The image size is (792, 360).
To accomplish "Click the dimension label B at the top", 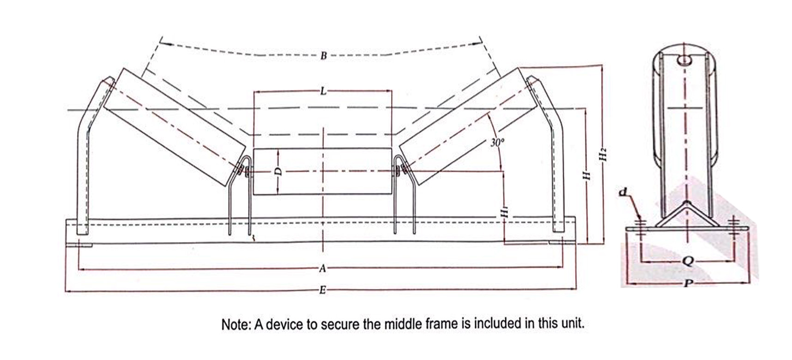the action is [323, 56].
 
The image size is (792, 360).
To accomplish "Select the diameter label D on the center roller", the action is [277, 171].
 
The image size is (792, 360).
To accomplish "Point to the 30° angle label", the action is [497, 143].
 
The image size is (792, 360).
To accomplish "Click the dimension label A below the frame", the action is [322, 268].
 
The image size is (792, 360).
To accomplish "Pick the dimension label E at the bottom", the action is [322, 290].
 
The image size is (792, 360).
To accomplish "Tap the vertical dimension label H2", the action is [602, 153].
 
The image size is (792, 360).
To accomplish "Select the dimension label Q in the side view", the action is [688, 261].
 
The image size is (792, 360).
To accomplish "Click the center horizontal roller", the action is [322, 172].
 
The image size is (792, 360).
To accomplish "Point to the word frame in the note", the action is [441, 324].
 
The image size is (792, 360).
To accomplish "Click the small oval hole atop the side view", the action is [684, 60].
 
